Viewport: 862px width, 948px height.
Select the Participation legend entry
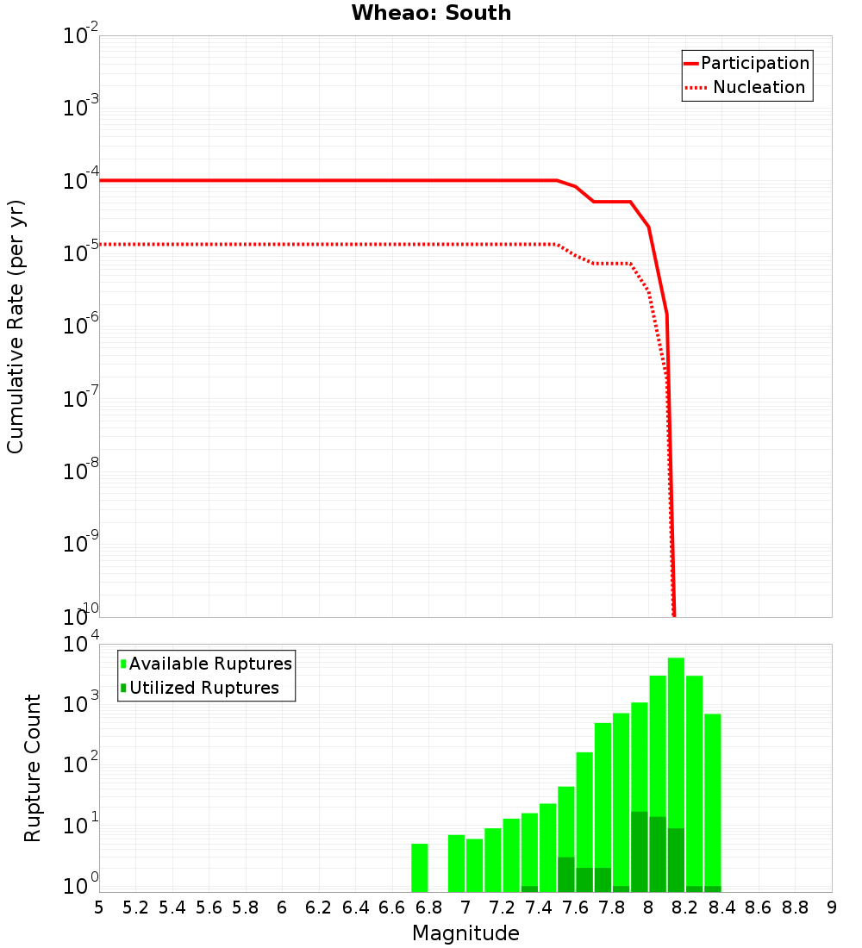(754, 63)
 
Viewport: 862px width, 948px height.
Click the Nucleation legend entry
(759, 87)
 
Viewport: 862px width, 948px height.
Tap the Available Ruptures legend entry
(210, 664)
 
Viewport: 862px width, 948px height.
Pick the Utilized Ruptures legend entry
(203, 688)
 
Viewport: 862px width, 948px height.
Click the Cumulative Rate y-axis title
(16, 326)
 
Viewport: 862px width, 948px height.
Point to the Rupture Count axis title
(33, 768)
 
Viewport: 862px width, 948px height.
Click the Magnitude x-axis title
(465, 933)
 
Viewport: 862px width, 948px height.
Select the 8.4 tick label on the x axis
(721, 907)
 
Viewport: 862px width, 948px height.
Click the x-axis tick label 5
(99, 907)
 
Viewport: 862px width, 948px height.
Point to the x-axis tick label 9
(831, 907)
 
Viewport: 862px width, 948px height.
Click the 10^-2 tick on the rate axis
(80, 37)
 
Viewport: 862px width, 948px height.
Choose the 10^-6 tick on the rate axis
(80, 327)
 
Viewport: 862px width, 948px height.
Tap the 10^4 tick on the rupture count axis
(80, 645)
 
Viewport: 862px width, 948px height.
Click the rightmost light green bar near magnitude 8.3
(712, 801)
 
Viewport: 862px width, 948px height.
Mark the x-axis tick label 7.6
(575, 907)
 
